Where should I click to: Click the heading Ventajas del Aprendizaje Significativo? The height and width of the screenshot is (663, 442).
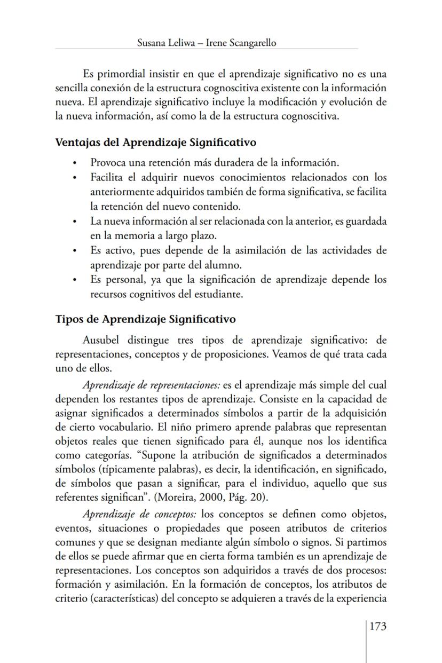(x=156, y=143)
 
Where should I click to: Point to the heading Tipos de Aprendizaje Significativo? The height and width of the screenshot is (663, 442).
(x=146, y=319)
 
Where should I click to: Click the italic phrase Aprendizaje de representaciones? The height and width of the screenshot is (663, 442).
(x=152, y=385)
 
